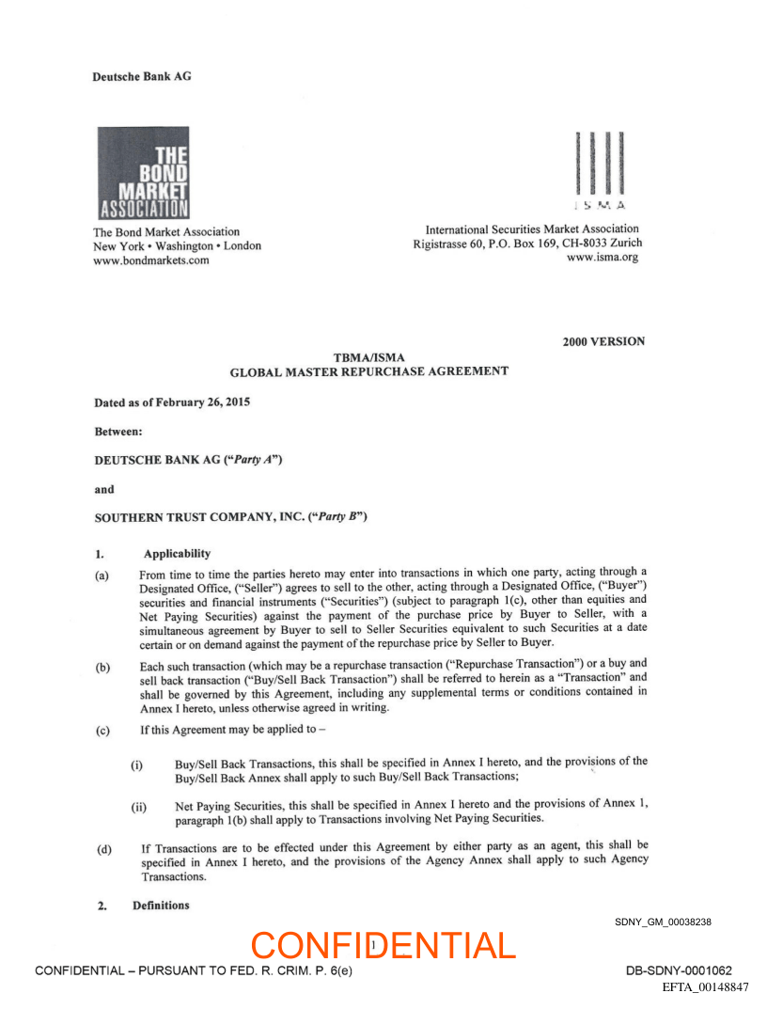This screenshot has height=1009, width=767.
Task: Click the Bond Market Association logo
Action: tap(143, 173)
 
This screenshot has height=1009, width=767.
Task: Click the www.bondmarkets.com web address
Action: tap(150, 260)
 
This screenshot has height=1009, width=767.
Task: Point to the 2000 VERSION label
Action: tap(603, 341)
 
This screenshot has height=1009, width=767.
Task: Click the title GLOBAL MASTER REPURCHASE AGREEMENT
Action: tap(369, 371)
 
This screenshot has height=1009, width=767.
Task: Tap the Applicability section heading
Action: tap(177, 554)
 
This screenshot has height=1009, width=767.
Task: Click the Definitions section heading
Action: tap(161, 906)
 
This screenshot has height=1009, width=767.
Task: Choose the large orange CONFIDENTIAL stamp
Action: tap(383, 945)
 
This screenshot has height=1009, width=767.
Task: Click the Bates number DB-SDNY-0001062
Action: tap(679, 970)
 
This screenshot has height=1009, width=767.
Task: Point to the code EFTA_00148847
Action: tap(705, 987)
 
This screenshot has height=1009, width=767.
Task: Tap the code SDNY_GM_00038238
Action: tap(663, 922)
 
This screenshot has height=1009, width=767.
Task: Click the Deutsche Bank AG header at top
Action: tap(141, 76)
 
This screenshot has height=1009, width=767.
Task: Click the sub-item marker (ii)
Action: tap(138, 807)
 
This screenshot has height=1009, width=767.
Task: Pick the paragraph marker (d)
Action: tap(102, 850)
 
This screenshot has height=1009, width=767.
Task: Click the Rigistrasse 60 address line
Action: tap(527, 244)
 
